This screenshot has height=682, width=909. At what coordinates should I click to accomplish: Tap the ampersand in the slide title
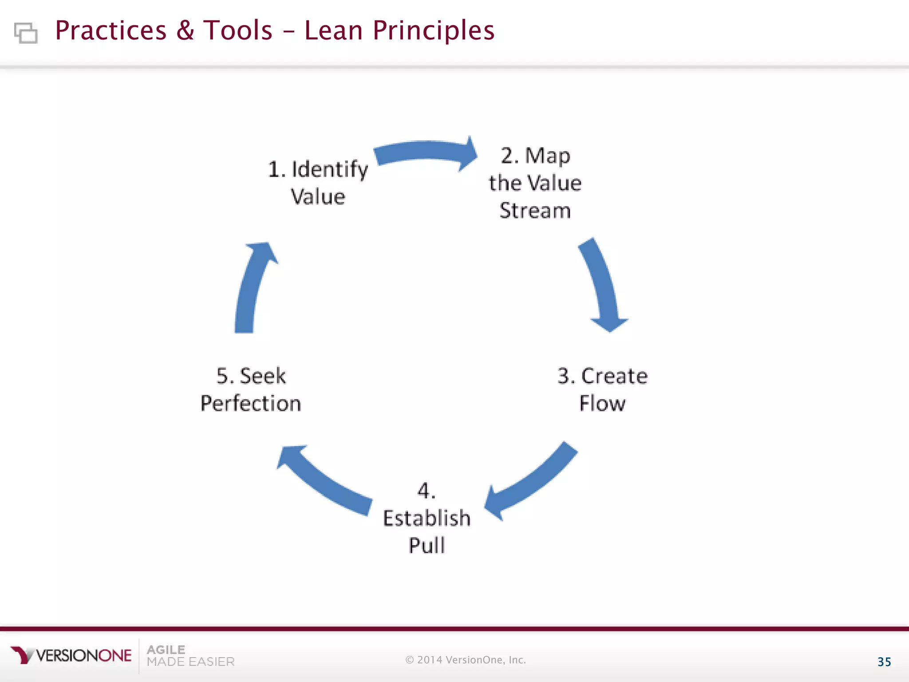click(x=185, y=31)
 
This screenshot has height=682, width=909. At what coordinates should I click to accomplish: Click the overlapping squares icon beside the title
click(x=26, y=33)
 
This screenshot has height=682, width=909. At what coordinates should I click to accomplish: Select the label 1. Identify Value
click(x=318, y=182)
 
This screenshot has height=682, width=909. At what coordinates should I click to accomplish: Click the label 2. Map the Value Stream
click(x=535, y=183)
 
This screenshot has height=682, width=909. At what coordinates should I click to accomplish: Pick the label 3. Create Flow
click(x=602, y=389)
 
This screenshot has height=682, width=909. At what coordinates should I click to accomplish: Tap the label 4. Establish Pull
click(x=427, y=518)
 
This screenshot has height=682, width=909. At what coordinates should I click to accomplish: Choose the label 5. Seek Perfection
click(x=251, y=389)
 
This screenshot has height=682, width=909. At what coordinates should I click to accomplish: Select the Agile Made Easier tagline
click(x=190, y=656)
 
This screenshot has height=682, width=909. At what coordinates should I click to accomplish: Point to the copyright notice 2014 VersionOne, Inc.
click(x=466, y=660)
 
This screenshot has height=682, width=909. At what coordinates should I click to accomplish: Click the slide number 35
click(x=884, y=662)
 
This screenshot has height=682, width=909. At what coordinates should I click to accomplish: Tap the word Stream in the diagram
click(x=535, y=210)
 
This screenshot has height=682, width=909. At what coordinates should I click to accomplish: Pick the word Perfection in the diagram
click(x=251, y=404)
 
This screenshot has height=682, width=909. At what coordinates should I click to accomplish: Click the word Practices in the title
click(x=111, y=31)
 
